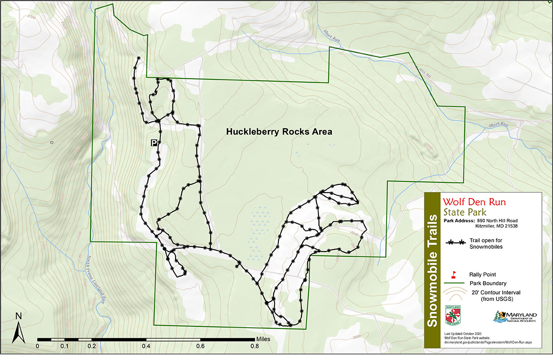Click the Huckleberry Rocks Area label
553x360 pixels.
(x=279, y=132)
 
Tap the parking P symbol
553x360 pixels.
(x=153, y=143)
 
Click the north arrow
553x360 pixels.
(x=18, y=328)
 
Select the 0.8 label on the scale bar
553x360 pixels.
(x=254, y=346)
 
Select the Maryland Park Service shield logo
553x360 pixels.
(x=453, y=316)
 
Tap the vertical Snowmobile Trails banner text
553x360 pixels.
(x=433, y=270)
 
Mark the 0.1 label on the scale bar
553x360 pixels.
(x=65, y=346)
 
